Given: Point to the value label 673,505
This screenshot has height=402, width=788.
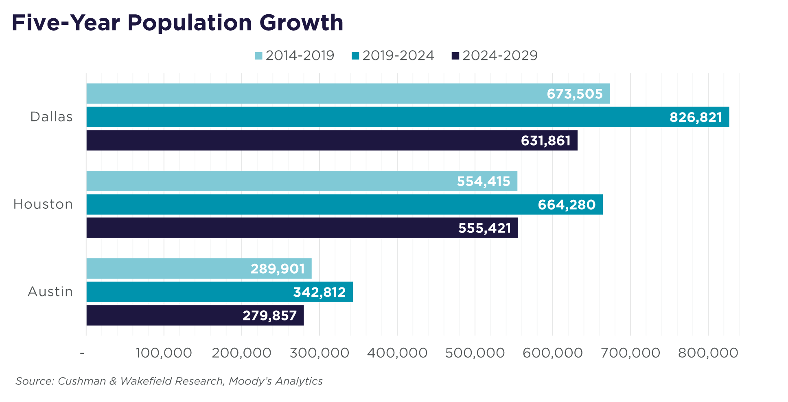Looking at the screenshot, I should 574,94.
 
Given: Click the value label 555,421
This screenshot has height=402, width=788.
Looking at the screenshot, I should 484,228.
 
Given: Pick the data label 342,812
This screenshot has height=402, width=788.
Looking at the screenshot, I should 320,292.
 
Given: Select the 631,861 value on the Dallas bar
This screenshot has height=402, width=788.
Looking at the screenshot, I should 545,141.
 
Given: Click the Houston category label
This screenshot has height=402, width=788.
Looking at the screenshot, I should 43,204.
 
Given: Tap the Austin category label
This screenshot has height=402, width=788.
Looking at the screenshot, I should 50,292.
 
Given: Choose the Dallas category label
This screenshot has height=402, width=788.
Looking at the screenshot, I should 52,117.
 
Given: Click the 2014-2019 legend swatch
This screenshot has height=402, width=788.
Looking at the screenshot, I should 258,56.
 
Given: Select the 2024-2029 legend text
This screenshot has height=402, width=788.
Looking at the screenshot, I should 500,55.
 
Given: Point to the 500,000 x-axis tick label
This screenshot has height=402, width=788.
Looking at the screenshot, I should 475,353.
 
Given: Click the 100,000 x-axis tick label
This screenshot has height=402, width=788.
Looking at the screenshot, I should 164,353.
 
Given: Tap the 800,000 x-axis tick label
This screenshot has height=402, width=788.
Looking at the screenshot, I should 708,353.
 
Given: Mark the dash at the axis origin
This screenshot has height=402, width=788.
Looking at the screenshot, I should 82,353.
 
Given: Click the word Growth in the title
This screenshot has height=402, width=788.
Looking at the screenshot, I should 301,23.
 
